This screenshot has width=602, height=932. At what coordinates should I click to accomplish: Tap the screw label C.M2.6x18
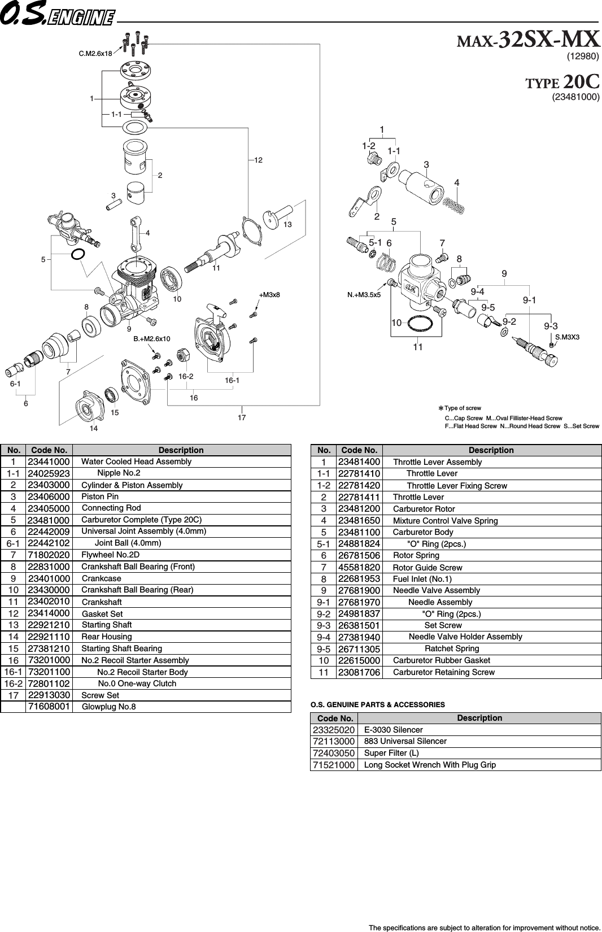[x=95, y=54]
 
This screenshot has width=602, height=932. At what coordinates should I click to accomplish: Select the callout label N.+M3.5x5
[x=364, y=294]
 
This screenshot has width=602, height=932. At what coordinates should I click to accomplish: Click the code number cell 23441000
[x=49, y=461]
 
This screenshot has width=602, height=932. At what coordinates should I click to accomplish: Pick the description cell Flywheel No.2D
[x=110, y=555]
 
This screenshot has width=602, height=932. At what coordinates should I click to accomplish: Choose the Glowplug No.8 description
[x=109, y=707]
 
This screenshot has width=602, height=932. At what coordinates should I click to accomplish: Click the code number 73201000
[x=49, y=660]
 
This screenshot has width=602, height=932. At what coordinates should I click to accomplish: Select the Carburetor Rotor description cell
[x=424, y=509]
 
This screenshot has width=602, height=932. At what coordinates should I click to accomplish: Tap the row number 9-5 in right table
[x=324, y=648]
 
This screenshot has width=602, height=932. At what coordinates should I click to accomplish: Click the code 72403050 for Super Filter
[x=334, y=753]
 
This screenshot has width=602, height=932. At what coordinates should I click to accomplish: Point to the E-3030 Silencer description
[x=393, y=730]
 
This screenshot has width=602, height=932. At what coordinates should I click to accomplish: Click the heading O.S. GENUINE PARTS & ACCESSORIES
[x=378, y=704]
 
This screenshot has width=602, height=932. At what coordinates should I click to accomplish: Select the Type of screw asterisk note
[x=460, y=408]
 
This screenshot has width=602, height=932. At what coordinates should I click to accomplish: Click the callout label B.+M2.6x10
[x=152, y=339]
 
